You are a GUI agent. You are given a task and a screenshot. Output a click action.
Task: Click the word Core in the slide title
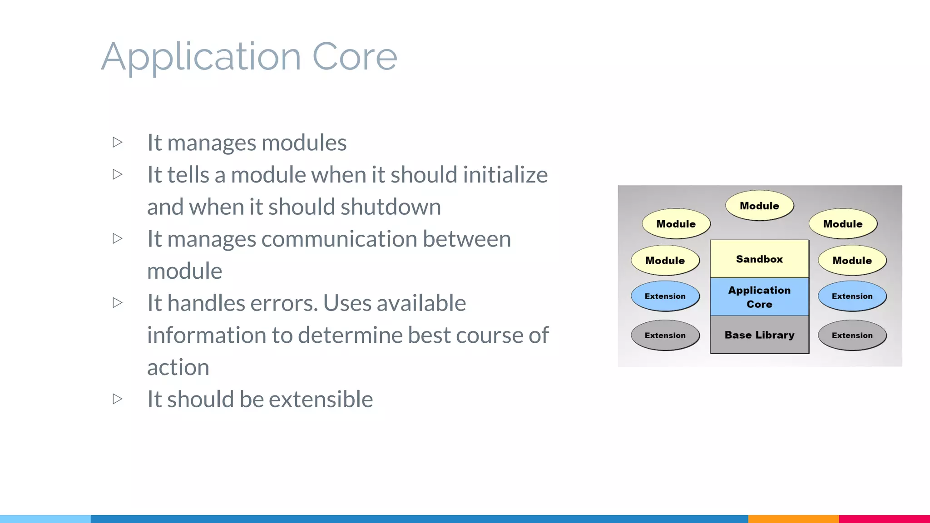tap(354, 57)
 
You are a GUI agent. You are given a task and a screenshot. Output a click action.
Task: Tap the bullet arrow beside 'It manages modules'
tap(118, 143)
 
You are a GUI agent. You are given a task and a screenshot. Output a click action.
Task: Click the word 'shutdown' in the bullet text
tap(391, 207)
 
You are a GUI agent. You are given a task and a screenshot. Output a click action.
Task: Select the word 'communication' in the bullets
tap(339, 239)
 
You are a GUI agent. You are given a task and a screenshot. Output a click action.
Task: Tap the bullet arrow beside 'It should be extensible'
tap(118, 399)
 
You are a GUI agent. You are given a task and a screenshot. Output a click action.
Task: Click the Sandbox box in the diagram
tap(759, 259)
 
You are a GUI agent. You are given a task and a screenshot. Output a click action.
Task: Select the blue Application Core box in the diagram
tap(759, 297)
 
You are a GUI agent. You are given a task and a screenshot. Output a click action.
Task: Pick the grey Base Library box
tap(759, 335)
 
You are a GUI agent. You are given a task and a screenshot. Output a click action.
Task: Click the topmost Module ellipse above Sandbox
tap(759, 206)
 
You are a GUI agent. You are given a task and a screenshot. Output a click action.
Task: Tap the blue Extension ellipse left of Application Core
tap(665, 296)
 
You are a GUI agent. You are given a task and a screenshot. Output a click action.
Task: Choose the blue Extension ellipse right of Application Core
tap(852, 296)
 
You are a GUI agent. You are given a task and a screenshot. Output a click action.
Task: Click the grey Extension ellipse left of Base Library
tap(665, 336)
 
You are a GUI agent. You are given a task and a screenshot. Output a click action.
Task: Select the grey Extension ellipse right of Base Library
tap(852, 336)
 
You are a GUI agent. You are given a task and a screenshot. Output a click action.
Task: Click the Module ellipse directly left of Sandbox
tap(665, 261)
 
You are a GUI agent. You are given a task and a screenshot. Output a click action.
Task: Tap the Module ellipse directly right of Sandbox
tap(852, 261)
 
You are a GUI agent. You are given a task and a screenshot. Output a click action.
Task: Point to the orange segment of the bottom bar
tap(793, 518)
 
